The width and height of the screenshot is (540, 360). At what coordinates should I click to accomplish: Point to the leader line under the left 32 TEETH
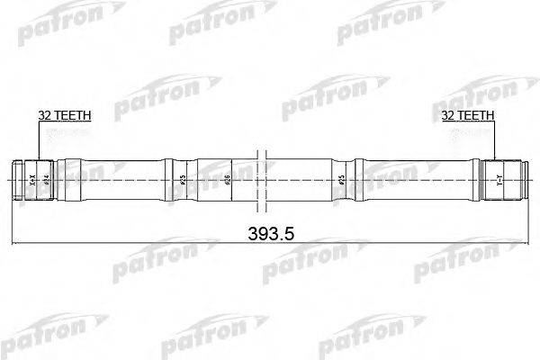[40, 139]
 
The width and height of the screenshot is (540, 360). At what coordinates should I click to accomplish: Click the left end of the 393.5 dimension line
[11, 243]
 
